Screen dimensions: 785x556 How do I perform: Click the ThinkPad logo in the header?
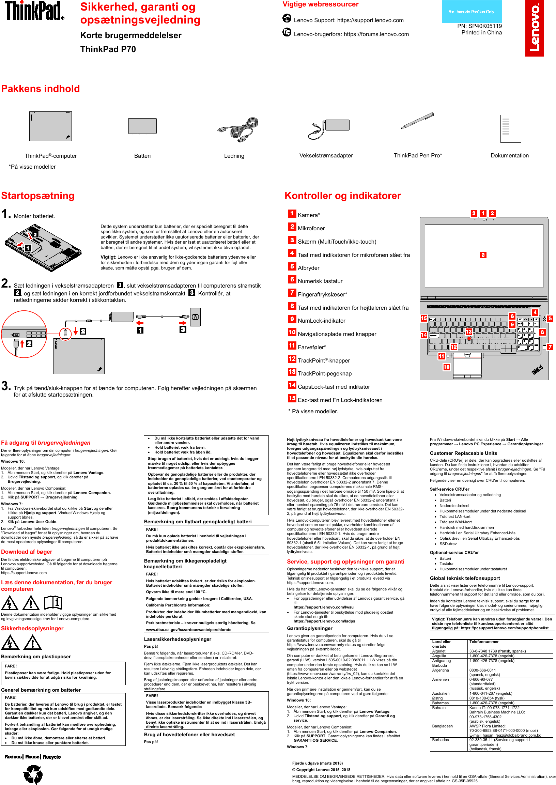(x=34, y=11)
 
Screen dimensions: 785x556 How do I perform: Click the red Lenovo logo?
(x=535, y=28)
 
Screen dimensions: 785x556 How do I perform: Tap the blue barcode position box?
(x=472, y=12)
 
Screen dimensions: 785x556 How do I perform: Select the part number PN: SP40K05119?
(x=479, y=26)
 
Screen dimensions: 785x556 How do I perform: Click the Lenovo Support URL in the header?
(x=370, y=20)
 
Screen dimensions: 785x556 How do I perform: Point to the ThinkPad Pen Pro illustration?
(x=417, y=121)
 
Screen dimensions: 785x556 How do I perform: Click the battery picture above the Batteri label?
(x=142, y=126)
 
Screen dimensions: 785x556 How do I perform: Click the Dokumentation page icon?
(x=510, y=128)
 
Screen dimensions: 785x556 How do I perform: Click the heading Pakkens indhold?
(x=41, y=89)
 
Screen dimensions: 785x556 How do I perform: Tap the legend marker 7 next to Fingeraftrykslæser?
(x=292, y=293)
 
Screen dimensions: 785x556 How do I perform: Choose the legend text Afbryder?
(x=308, y=268)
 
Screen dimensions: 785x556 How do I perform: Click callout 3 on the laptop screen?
(x=483, y=255)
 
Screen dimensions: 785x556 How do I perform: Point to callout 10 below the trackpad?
(x=446, y=367)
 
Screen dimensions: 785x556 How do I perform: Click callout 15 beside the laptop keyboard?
(x=424, y=318)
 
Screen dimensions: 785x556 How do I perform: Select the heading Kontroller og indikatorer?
(x=342, y=196)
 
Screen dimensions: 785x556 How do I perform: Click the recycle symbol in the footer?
(x=33, y=774)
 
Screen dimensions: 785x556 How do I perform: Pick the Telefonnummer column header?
(x=484, y=642)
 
